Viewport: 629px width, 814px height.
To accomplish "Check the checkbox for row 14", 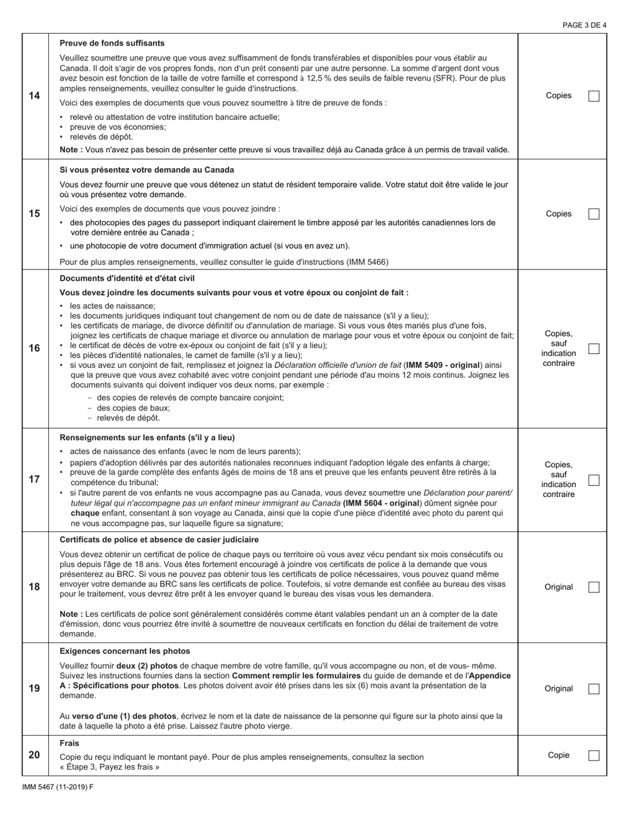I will [594, 96].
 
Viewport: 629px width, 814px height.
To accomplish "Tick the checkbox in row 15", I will [594, 214].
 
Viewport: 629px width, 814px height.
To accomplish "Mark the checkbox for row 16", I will [594, 349].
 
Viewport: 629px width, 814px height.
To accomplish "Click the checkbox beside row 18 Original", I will [594, 587].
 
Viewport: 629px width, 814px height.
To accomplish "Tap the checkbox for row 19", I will [594, 688].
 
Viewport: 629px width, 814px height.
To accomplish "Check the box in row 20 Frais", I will [594, 755].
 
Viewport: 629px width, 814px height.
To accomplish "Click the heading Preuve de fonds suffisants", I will [112, 43].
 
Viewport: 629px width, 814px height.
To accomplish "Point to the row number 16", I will [34, 349].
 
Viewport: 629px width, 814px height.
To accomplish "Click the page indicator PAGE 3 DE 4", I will [584, 25].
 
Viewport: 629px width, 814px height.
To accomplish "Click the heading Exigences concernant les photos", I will [124, 651].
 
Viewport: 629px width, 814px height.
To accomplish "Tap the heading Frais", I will [69, 743].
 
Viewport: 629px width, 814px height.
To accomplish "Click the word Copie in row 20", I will [558, 755].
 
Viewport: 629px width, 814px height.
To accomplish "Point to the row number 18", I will [34, 587].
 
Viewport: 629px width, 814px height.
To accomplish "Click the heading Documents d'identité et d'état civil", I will [127, 278].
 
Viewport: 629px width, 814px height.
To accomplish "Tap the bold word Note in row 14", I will [70, 150].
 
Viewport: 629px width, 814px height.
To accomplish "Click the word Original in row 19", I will [558, 688].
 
